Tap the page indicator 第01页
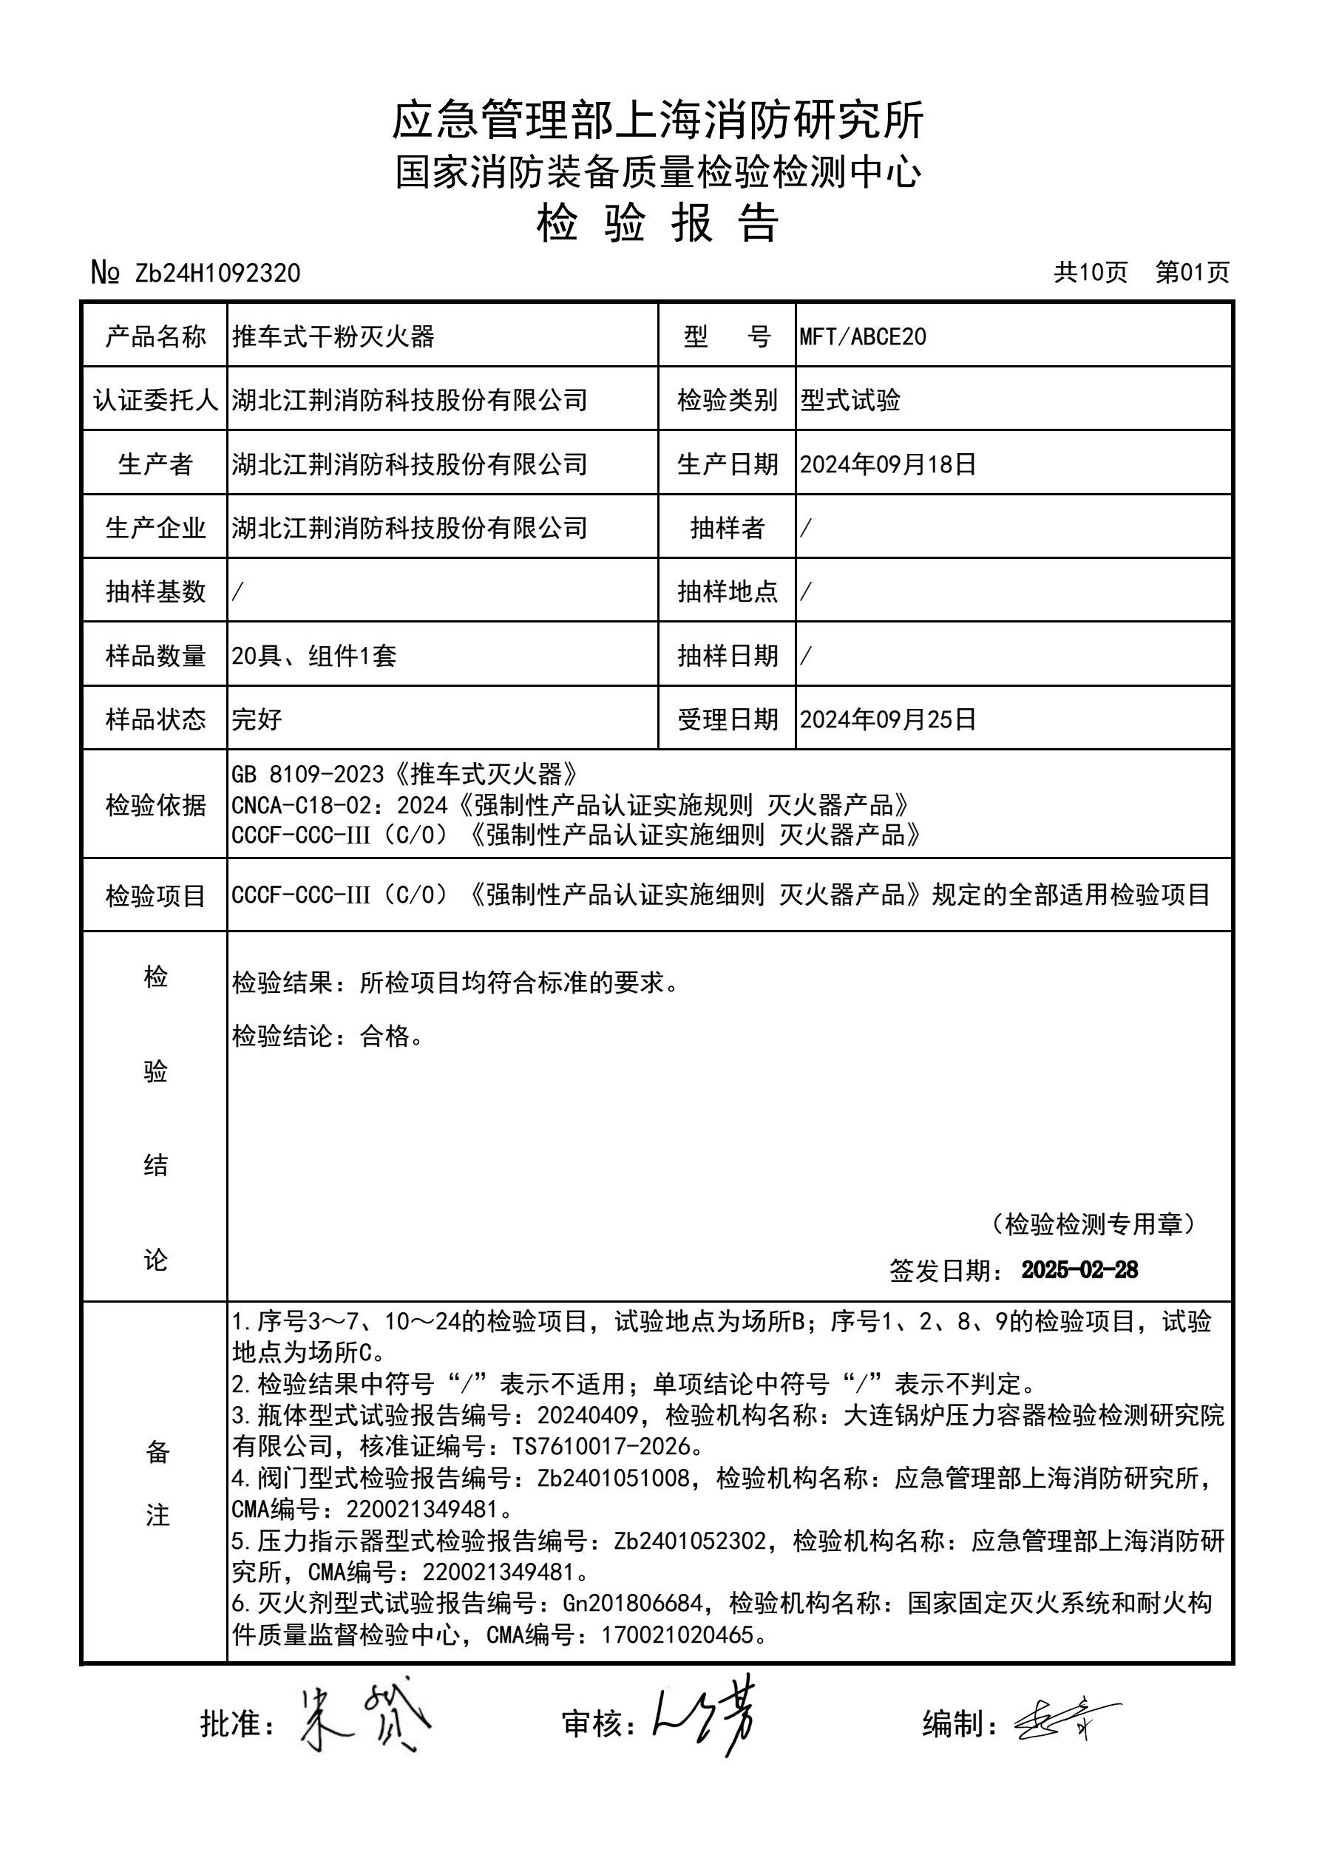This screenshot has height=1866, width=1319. tap(1193, 272)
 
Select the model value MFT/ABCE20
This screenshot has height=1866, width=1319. tap(862, 336)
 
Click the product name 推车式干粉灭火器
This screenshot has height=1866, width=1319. tap(333, 336)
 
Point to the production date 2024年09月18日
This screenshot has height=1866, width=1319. tap(887, 464)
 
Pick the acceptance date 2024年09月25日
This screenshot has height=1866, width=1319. tap(887, 719)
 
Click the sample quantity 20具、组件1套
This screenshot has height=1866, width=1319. tap(313, 656)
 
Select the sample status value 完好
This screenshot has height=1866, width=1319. tap(257, 719)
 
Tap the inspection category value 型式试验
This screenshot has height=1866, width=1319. tap(850, 400)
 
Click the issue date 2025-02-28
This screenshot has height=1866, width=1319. tap(1079, 1270)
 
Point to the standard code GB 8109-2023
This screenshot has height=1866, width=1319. tap(307, 775)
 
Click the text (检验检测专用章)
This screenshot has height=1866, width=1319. tap(1093, 1224)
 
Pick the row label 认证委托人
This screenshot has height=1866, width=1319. tap(155, 400)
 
